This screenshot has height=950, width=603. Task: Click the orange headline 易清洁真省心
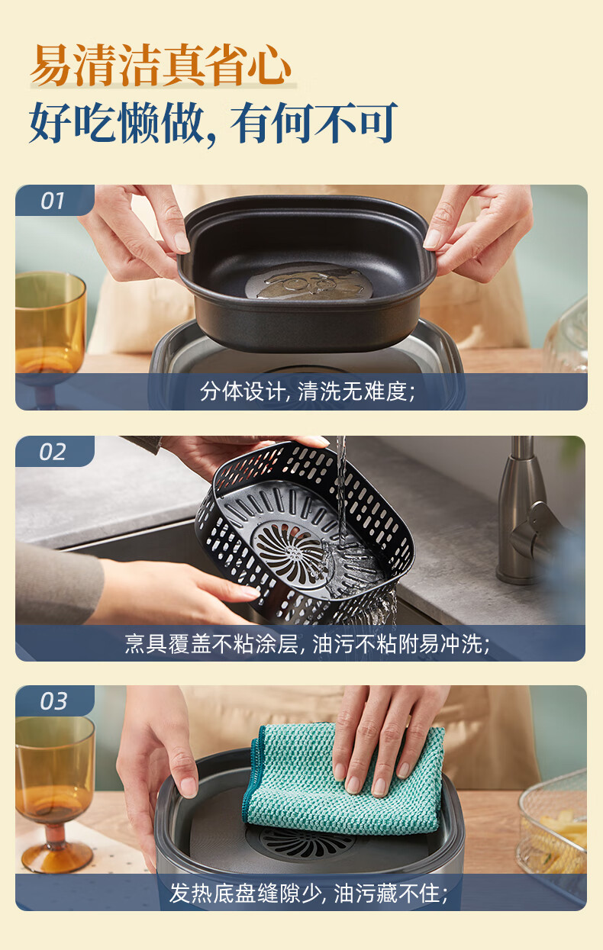tap(161, 65)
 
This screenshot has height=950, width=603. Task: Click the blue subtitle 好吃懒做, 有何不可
tap(214, 123)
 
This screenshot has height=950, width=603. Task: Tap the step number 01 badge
tap(53, 201)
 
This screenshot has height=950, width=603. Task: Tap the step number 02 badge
tap(53, 452)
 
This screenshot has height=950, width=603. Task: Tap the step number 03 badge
tap(53, 701)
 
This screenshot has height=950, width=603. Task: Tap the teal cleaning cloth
tap(343, 780)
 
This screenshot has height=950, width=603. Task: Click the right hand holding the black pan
tap(479, 233)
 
